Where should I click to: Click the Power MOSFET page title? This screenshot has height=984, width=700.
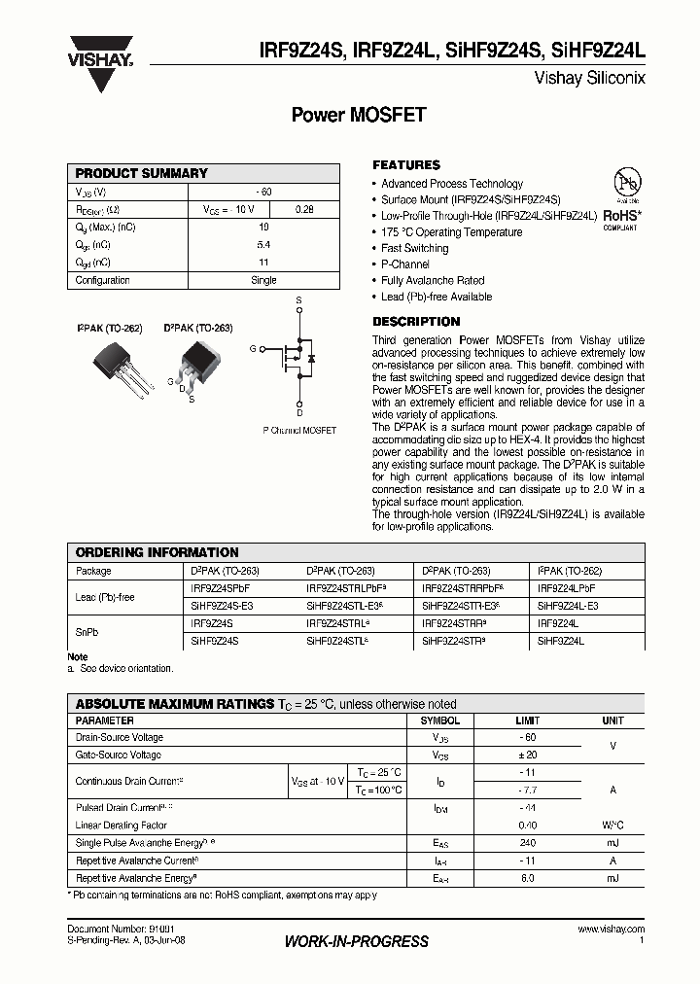click(x=359, y=115)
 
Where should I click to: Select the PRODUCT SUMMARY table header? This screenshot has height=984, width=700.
click(x=142, y=173)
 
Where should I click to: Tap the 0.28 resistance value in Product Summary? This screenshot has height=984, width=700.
click(x=303, y=209)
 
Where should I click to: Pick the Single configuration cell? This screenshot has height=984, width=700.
click(x=263, y=280)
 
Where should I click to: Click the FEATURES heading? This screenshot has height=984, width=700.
click(x=406, y=165)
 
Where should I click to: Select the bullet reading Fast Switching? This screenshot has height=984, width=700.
click(x=414, y=248)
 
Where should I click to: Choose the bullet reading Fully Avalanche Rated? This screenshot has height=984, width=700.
click(x=432, y=280)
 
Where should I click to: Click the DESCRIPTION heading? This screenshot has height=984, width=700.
click(x=416, y=322)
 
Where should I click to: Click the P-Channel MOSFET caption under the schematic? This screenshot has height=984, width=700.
click(x=299, y=429)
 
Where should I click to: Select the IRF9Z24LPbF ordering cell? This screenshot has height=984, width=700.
click(x=566, y=588)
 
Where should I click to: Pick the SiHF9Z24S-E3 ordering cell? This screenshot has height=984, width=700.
click(x=222, y=605)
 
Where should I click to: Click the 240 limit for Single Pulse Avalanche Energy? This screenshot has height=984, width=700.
click(x=526, y=844)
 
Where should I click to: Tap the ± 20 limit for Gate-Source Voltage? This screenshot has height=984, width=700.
click(x=526, y=755)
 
